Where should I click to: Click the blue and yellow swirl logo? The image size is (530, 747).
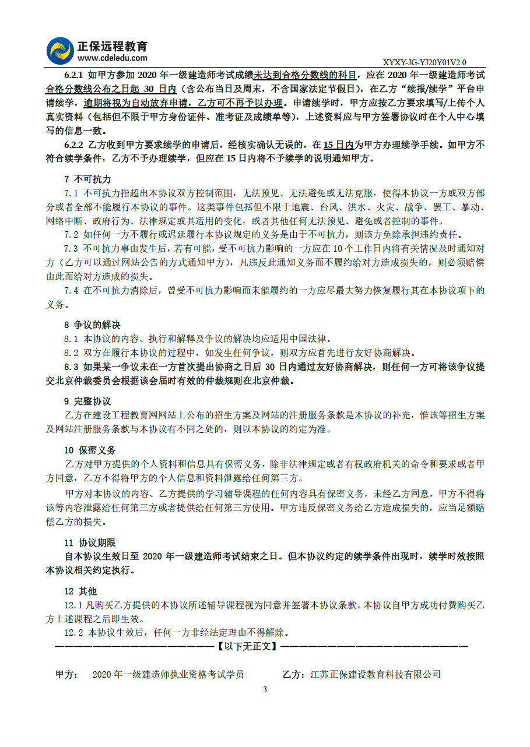click(61, 51)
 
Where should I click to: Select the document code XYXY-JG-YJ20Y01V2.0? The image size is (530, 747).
click(424, 62)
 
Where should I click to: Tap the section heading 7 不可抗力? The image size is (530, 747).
click(87, 179)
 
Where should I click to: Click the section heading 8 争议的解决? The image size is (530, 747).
click(92, 325)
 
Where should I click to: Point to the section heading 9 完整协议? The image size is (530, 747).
click(87, 401)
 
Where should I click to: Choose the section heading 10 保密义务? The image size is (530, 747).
click(90, 450)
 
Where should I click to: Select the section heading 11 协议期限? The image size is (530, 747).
click(90, 542)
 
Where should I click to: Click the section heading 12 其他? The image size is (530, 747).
click(80, 591)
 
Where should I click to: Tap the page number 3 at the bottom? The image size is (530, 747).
click(265, 689)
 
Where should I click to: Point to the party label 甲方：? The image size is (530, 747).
click(66, 675)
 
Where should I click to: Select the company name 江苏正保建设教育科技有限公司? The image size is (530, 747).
click(375, 675)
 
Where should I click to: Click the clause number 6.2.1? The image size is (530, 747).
click(74, 75)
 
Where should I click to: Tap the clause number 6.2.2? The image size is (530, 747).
click(74, 145)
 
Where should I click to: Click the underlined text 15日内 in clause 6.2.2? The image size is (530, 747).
click(338, 145)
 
